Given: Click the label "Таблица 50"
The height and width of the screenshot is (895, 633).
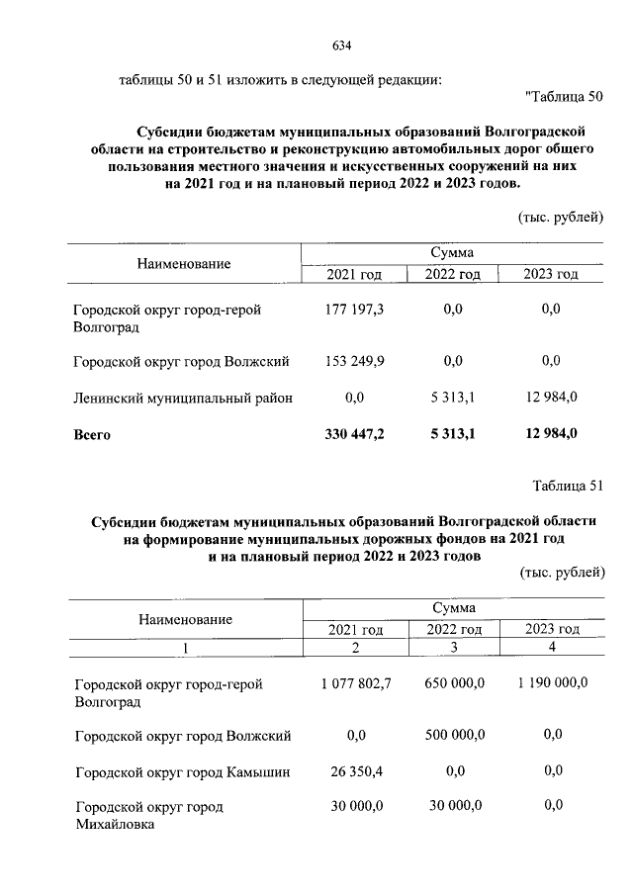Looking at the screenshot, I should (x=566, y=96).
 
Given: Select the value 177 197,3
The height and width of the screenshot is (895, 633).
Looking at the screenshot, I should (x=354, y=310).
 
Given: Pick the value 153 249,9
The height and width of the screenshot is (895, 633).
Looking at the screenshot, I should (x=354, y=361).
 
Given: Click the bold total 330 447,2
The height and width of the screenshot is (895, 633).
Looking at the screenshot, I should (x=354, y=433).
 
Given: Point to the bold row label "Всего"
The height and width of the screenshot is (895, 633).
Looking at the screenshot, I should (x=92, y=434).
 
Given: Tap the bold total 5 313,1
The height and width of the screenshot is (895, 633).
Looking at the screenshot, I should (x=453, y=433).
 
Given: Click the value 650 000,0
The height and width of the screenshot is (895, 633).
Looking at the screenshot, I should (x=455, y=683).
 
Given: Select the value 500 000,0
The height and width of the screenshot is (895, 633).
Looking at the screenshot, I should (x=455, y=734).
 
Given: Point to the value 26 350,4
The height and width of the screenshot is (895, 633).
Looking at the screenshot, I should (x=356, y=770).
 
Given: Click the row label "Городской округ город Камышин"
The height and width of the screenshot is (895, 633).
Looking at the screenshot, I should (x=182, y=770).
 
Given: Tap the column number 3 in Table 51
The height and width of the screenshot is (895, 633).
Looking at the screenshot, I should (x=454, y=647).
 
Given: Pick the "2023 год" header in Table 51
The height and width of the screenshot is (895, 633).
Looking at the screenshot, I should (x=552, y=629).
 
